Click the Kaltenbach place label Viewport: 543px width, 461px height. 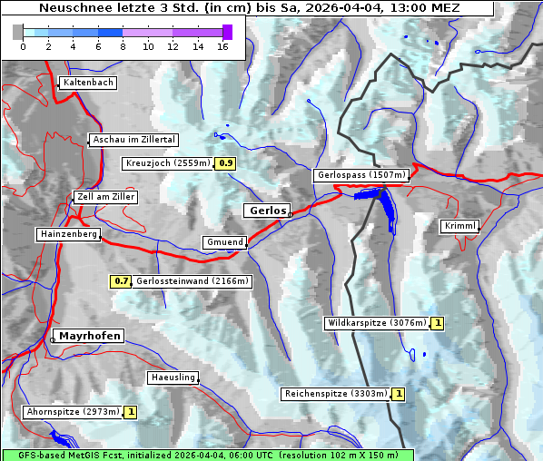[88, 83]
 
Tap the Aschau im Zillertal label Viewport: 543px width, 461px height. [134, 140]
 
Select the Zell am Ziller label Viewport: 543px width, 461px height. [106, 197]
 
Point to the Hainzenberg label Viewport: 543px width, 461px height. [68, 234]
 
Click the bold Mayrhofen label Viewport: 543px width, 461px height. [90, 336]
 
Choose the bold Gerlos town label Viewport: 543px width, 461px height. [267, 210]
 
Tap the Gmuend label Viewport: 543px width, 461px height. [224, 242]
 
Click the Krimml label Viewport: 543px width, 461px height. [460, 226]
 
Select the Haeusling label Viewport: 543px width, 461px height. [173, 378]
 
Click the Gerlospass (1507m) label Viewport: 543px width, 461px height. [360, 175]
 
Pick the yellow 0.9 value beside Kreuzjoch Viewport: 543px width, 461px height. [226, 163]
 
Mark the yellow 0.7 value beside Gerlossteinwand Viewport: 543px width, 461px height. [121, 281]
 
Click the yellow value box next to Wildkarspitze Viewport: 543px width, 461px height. [438, 323]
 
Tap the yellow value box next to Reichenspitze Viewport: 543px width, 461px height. [399, 394]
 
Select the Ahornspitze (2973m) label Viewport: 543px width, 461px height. [74, 412]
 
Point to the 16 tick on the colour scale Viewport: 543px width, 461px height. [222, 46]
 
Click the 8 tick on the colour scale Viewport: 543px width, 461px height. [123, 46]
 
